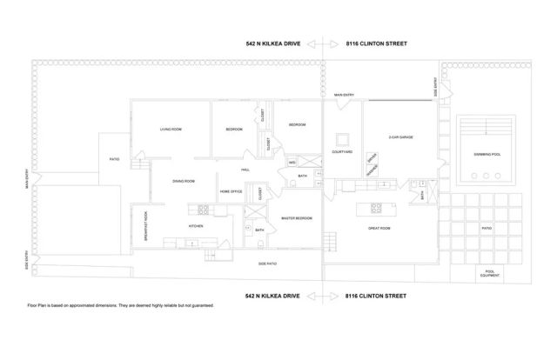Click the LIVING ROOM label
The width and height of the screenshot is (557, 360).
coord(171,130)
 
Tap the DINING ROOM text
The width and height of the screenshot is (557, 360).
coord(183,180)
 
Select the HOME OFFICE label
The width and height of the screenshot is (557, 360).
coord(231,190)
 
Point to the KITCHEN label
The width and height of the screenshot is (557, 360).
coord(196,226)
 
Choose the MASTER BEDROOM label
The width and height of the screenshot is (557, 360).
coord(297,218)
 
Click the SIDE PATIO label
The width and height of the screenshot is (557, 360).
coord(267,263)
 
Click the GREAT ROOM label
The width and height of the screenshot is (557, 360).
coord(379,228)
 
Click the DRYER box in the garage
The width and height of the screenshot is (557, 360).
coord(372,157)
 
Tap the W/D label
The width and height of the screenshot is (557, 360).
coord(292,162)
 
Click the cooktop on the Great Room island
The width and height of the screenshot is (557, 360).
coord(378,208)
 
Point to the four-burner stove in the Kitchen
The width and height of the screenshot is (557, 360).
coord(204,209)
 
